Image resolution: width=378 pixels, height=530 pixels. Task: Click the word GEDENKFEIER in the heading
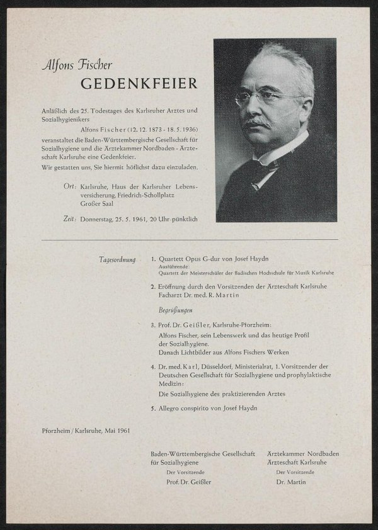pos(139,84)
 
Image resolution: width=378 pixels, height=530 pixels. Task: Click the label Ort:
pos(70,188)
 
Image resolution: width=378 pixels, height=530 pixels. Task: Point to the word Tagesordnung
pos(117,259)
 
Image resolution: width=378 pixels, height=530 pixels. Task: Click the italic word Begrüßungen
pos(176,311)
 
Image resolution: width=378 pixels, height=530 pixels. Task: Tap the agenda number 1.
pos(154,259)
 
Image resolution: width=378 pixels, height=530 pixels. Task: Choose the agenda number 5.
pos(154,408)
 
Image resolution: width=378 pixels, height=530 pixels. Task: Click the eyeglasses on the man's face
pos(265,98)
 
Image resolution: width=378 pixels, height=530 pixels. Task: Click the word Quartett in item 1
pos(173,259)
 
